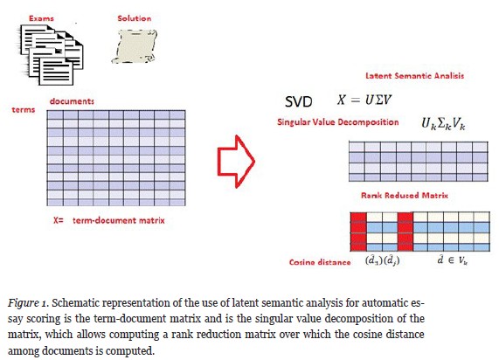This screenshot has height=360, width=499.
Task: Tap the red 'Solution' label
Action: point(135,17)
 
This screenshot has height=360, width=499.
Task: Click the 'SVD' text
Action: point(300,101)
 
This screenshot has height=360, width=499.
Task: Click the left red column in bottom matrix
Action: point(356,231)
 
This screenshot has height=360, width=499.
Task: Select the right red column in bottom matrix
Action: point(404,231)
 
